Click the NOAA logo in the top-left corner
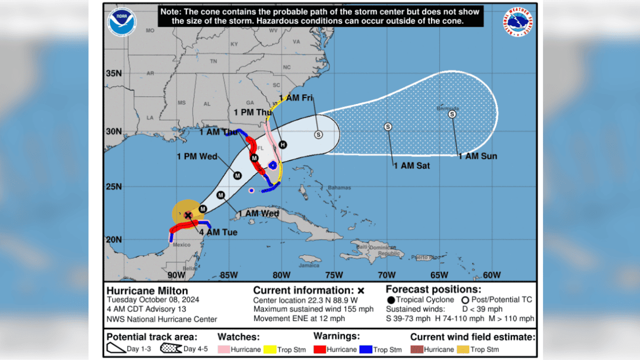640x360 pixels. click(x=122, y=21)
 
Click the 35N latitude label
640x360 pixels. click(x=114, y=73)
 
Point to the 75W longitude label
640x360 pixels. click(x=334, y=275)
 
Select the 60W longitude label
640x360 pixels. click(x=491, y=275)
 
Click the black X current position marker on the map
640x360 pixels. click(x=188, y=215)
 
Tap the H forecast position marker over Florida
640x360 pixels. click(x=283, y=145)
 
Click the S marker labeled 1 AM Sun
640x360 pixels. click(x=452, y=114)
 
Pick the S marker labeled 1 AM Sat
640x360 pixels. click(x=388, y=126)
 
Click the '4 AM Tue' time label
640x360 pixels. click(x=219, y=232)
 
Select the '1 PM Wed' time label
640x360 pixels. click(x=197, y=157)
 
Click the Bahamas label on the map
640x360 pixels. click(x=339, y=188)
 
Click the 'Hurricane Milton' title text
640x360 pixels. click(x=147, y=291)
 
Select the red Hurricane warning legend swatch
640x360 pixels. click(x=321, y=349)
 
